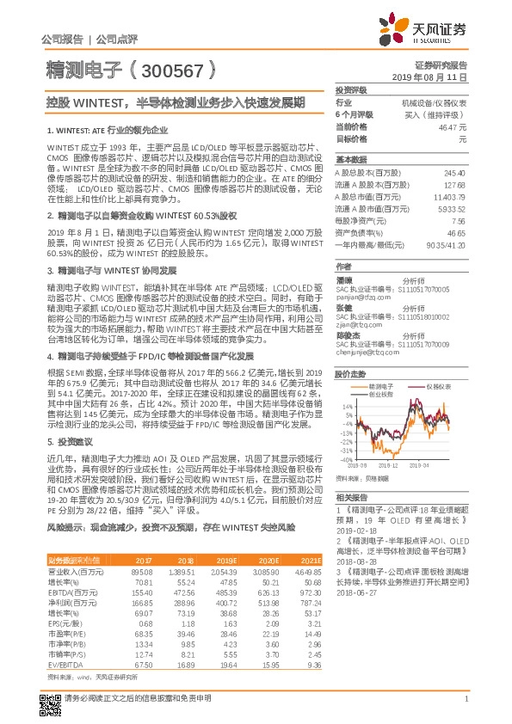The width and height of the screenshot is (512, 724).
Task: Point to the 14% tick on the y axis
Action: pyautogui.click(x=344, y=380)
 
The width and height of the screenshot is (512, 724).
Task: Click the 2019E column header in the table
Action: pyautogui.click(x=229, y=560)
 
